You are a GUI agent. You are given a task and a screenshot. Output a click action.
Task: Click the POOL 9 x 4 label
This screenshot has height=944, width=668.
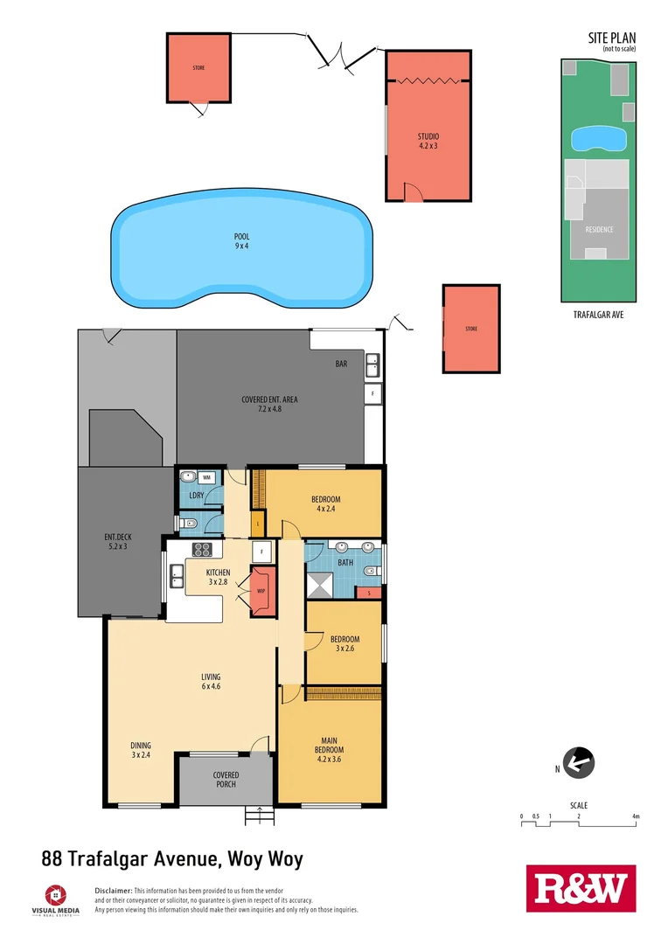click(241, 241)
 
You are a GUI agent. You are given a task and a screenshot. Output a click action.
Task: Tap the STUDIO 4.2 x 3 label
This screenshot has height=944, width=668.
click(428, 141)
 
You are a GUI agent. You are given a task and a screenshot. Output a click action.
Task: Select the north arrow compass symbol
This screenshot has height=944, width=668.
click(579, 762)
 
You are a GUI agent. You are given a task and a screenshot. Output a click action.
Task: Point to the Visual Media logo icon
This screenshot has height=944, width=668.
click(55, 895)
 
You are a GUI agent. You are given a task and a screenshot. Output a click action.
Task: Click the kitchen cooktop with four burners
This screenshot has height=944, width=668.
click(203, 550)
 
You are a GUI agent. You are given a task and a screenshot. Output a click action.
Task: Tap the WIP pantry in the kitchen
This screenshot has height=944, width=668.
click(261, 591)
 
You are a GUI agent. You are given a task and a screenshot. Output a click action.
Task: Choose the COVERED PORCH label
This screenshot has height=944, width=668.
click(226, 780)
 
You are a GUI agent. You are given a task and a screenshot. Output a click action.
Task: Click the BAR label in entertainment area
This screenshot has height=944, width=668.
click(341, 364)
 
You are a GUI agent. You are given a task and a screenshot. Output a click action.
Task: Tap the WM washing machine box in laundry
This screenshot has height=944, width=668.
click(207, 477)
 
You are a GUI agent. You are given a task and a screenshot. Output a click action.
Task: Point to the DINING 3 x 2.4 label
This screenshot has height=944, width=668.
click(141, 750)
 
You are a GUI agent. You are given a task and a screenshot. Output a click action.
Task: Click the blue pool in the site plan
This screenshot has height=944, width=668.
click(597, 138)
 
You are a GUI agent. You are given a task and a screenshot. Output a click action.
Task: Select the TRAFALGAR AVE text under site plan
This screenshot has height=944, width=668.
click(598, 314)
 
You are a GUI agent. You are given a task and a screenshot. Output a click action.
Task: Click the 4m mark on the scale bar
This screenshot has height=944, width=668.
click(636, 816)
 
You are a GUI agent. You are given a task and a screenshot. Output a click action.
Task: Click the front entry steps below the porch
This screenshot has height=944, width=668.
click(259, 815)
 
